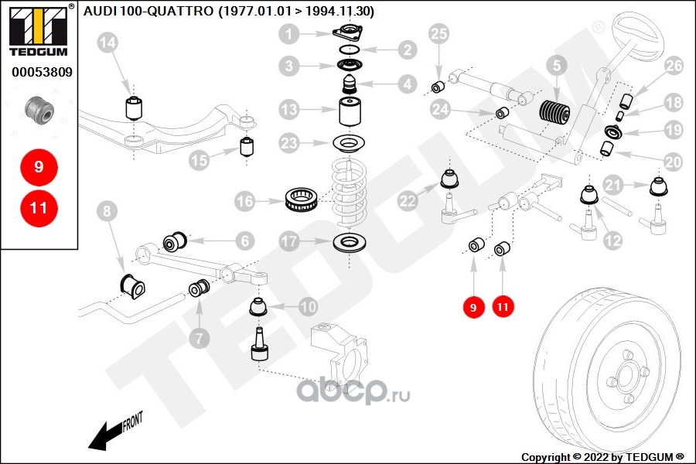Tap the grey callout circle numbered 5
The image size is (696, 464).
click(x=555, y=67)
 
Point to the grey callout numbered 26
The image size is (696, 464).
click(x=674, y=67)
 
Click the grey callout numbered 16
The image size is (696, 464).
click(x=244, y=202)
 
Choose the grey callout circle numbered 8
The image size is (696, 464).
click(x=107, y=209)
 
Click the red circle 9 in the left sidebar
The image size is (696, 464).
click(x=39, y=165)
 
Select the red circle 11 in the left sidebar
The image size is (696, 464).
click(x=39, y=207)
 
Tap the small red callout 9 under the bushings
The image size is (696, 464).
click(x=473, y=308)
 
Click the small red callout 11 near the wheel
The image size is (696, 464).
click(x=503, y=308)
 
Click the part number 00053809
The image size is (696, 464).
click(x=42, y=73)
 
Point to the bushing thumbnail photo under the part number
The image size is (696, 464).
click(x=39, y=112)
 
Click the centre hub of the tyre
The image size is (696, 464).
click(x=624, y=377)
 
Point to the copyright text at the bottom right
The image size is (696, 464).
click(x=602, y=456)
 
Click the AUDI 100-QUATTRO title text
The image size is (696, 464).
click(x=228, y=11)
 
